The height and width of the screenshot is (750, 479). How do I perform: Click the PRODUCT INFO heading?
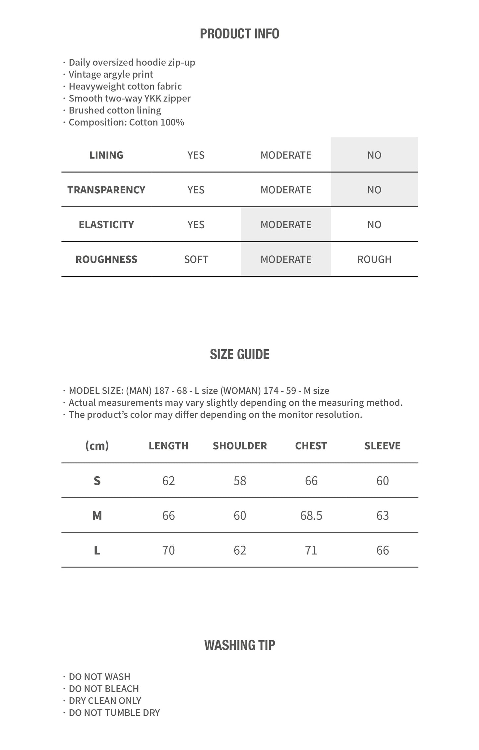coord(239,34)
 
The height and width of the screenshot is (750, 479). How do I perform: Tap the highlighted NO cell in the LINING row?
coord(374,155)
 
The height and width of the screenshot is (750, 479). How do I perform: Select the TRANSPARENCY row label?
coord(106,190)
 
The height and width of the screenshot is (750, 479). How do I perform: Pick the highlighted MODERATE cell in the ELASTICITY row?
coord(286,225)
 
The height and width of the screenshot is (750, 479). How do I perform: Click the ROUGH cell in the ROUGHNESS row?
coord(374,259)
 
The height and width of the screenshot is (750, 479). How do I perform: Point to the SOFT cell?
coord(196,259)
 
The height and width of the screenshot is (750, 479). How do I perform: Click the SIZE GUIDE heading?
coord(239,354)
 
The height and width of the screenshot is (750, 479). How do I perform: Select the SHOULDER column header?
coord(240,446)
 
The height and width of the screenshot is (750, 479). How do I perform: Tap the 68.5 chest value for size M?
coord(311,515)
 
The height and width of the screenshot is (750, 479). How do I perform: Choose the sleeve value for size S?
coord(383,481)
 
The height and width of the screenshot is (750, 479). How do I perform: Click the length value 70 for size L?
coord(168,550)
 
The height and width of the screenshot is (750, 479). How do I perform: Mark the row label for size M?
coord(97,515)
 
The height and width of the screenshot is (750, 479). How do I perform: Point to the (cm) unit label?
coord(97,446)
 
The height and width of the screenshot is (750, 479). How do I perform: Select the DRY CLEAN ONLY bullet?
coord(105,700)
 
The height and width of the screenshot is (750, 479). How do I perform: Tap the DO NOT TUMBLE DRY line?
coord(114,712)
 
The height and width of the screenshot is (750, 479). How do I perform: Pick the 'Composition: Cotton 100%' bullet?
coord(126,122)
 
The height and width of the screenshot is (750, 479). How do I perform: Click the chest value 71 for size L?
coord(311,550)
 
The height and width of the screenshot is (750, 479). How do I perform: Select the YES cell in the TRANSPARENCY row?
coord(196,190)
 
